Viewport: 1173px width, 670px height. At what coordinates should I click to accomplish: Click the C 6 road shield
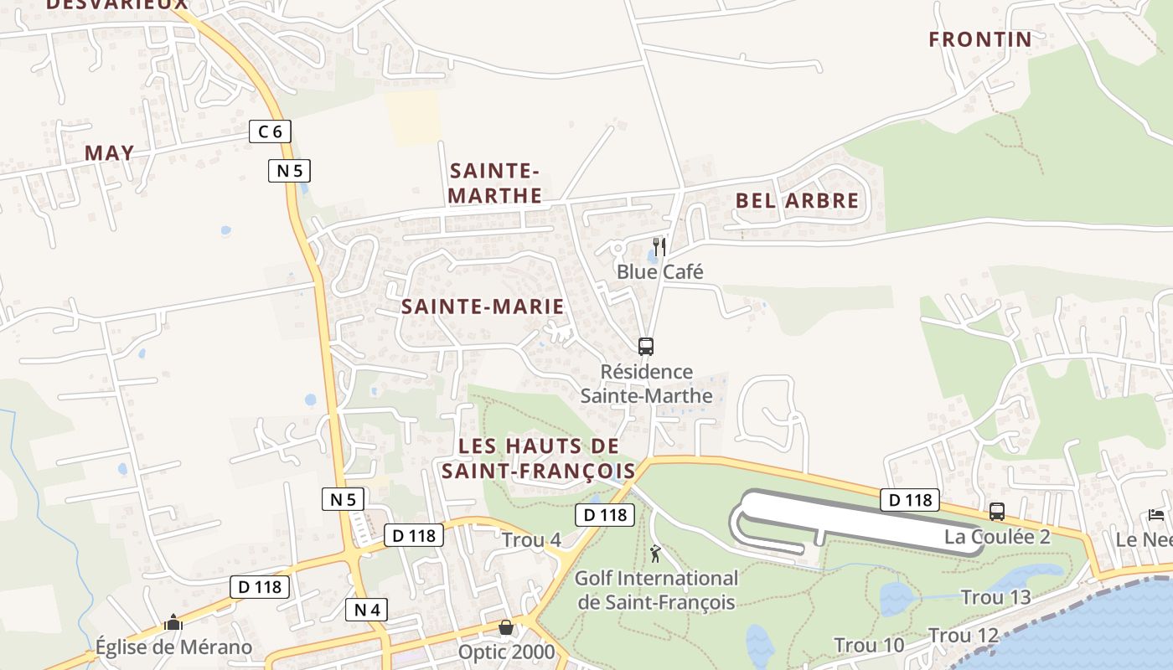(270, 131)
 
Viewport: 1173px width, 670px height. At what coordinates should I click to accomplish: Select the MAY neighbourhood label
(109, 152)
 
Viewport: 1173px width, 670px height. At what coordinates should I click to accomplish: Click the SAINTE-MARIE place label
(483, 307)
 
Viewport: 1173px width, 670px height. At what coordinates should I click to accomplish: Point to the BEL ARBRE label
(797, 201)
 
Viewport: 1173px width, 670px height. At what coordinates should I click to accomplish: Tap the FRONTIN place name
(980, 39)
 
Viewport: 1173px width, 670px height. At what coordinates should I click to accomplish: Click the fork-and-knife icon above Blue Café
(659, 246)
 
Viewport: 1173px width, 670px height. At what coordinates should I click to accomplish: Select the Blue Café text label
(659, 271)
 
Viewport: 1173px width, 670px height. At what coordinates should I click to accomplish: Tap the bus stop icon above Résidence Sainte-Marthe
(645, 346)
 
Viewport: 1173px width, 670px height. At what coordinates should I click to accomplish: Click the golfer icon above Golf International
(655, 554)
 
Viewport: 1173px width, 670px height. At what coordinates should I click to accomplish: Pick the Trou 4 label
(531, 540)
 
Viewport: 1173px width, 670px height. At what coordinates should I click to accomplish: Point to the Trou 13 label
(995, 597)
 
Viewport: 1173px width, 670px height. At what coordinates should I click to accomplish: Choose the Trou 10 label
(869, 645)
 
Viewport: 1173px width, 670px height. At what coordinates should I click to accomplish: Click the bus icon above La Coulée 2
(997, 511)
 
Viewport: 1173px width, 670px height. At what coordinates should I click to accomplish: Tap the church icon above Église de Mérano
(173, 622)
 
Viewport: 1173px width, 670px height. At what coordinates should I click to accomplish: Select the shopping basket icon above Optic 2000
(506, 627)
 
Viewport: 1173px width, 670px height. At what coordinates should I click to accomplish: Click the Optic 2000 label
(506, 652)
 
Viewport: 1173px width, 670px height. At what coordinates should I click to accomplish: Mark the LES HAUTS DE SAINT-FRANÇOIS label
(539, 458)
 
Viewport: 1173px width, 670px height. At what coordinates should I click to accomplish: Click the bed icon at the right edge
(1156, 514)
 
